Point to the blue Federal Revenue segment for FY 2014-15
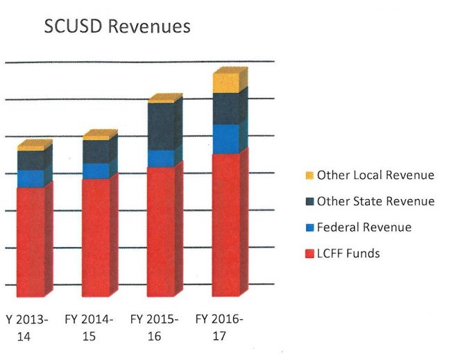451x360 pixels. point(96,171)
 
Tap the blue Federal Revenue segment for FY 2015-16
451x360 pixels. point(161,159)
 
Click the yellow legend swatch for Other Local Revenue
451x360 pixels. point(309,175)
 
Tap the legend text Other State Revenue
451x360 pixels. point(375,202)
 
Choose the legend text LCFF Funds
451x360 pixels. point(348,254)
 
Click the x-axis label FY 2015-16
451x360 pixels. point(154,327)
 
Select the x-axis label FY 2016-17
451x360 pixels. point(219,327)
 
